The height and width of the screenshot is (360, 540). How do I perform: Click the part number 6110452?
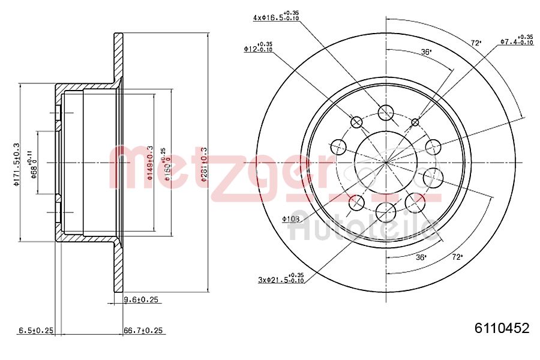(x=502, y=328)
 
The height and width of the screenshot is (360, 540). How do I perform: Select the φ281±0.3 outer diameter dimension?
(x=203, y=162)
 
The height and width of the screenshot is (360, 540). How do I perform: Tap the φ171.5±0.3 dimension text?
(x=17, y=164)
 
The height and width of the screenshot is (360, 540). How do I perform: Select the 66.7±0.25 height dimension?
(x=144, y=331)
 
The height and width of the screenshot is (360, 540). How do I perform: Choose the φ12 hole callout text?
(x=258, y=47)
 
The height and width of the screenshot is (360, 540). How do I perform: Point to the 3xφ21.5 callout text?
(x=280, y=279)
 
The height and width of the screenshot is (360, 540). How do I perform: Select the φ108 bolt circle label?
(x=290, y=219)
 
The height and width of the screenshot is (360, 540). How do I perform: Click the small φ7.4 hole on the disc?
(x=415, y=122)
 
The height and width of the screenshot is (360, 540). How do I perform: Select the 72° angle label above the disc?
(x=476, y=43)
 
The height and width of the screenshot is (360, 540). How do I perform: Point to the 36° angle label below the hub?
(x=421, y=257)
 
